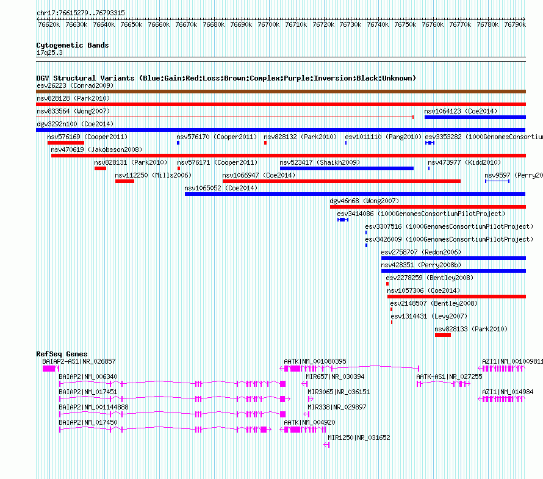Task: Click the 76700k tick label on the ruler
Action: [x=268, y=24]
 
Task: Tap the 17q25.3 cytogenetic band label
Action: [x=49, y=52]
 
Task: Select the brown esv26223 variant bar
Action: [x=281, y=92]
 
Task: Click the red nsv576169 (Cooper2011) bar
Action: [x=66, y=143]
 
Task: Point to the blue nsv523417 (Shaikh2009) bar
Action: [x=347, y=168]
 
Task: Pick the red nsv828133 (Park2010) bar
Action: [x=443, y=335]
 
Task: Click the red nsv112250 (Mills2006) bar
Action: [x=124, y=181]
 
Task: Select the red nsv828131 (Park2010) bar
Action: [x=101, y=168]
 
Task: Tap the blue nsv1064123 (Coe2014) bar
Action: [x=475, y=117]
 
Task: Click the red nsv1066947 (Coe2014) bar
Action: [x=342, y=181]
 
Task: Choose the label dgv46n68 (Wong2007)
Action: [x=364, y=201]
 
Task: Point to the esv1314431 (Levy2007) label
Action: [x=429, y=316]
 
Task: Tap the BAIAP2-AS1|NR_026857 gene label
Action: [x=79, y=361]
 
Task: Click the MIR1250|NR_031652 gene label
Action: [x=359, y=438]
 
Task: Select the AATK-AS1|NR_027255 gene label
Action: [x=449, y=376]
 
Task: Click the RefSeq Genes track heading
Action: [x=62, y=354]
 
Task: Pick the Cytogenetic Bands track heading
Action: [x=73, y=45]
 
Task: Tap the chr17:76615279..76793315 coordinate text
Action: [x=81, y=13]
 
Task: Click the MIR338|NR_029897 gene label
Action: [x=337, y=407]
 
